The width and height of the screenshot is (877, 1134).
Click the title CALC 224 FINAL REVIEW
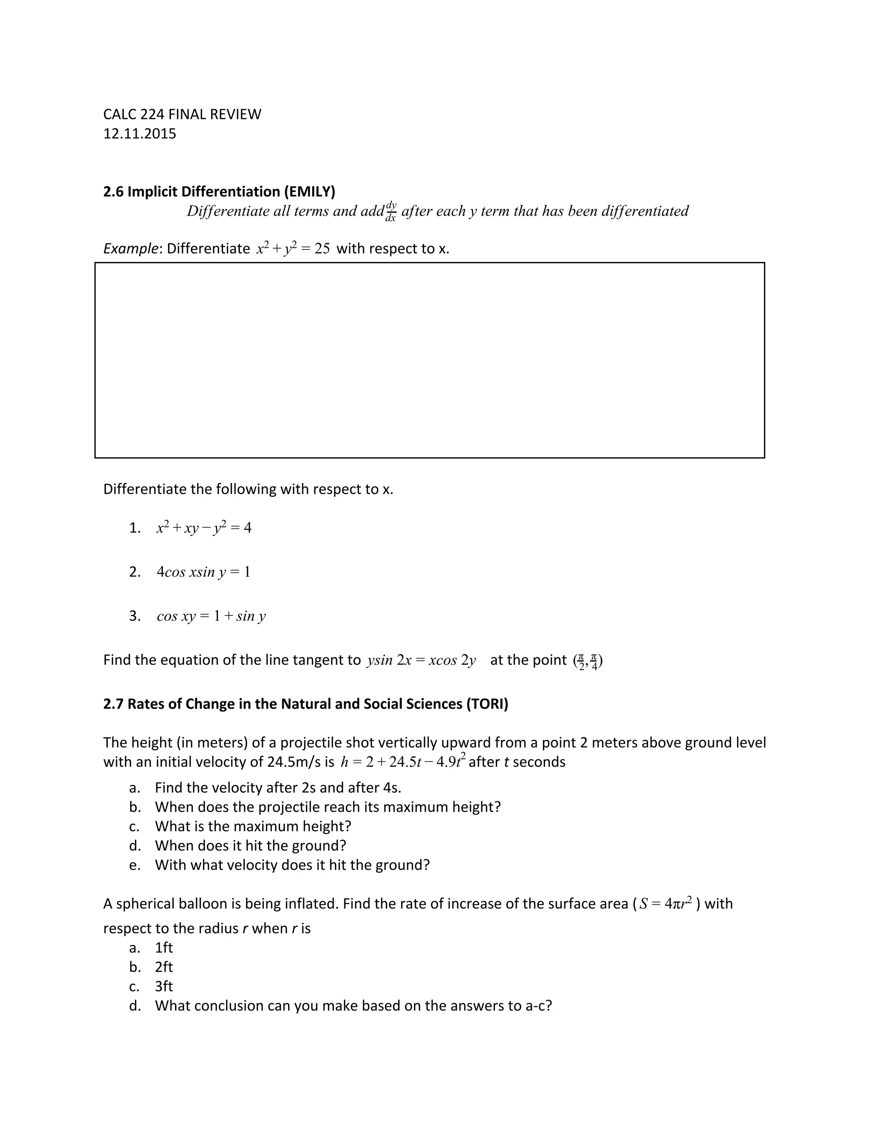(182, 114)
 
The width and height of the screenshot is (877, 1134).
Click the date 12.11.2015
(139, 134)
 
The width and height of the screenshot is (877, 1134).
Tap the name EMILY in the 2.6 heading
(310, 192)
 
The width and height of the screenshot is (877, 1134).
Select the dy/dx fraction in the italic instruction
(391, 211)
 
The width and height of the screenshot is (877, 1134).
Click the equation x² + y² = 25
(293, 248)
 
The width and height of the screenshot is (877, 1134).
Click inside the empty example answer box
(429, 360)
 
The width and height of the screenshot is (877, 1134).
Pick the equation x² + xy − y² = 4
(204, 528)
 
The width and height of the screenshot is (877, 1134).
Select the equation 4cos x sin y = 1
(203, 572)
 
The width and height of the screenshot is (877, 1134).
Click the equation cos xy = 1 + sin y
(211, 616)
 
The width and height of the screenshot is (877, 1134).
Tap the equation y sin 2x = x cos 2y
(421, 660)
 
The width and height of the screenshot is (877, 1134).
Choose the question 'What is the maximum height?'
(253, 826)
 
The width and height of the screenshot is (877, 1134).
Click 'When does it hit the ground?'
(250, 846)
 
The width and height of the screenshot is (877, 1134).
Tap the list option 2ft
(164, 968)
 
